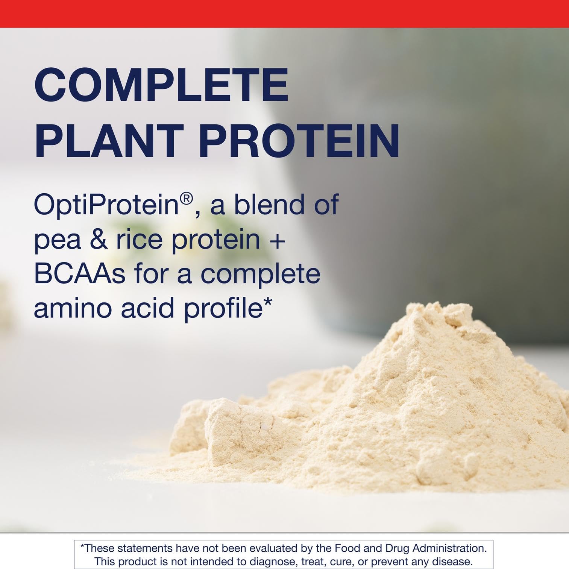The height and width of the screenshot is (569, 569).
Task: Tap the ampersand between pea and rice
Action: pyautogui.click(x=99, y=240)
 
